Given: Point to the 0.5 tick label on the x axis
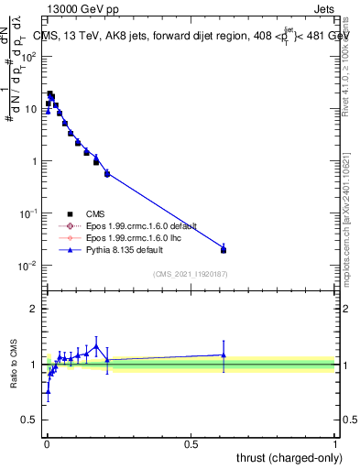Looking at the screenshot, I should pyautogui.click(x=191, y=442).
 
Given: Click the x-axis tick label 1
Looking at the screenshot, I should pyautogui.click(x=334, y=442).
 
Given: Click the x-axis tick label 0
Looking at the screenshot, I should pyautogui.click(x=47, y=442).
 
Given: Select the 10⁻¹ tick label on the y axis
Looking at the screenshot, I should pyautogui.click(x=29, y=213).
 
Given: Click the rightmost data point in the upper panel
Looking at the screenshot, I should pyautogui.click(x=224, y=249).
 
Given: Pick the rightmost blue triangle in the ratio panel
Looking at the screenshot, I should pyautogui.click(x=224, y=354).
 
